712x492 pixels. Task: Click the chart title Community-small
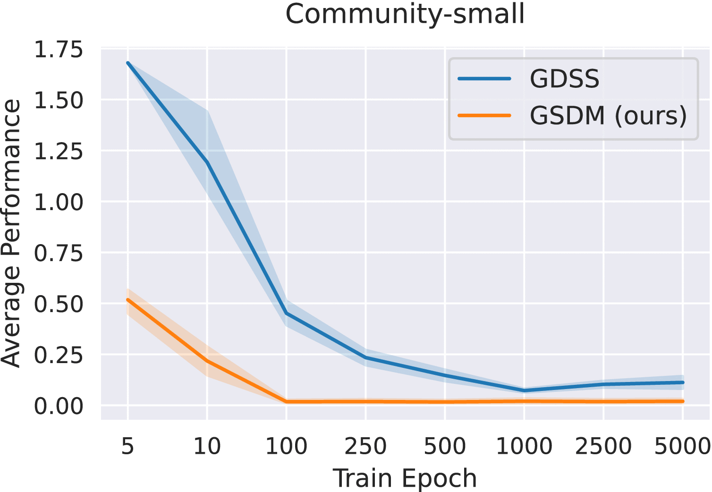pos(405,14)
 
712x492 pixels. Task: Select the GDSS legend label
pos(564,79)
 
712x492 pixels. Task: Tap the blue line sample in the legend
pos(485,79)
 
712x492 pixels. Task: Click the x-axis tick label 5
pos(127,446)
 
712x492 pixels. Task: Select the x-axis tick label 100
pos(286,446)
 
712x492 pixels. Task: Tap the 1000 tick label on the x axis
pos(524,446)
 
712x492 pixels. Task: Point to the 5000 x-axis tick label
pos(682,446)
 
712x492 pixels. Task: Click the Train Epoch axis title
pos(405,478)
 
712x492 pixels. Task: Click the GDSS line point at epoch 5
pos(128,63)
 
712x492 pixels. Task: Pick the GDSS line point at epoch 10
pos(207,162)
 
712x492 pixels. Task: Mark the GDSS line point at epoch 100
pos(286,313)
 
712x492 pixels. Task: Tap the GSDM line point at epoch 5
pos(128,299)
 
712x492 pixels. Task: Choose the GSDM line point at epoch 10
pos(207,361)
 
